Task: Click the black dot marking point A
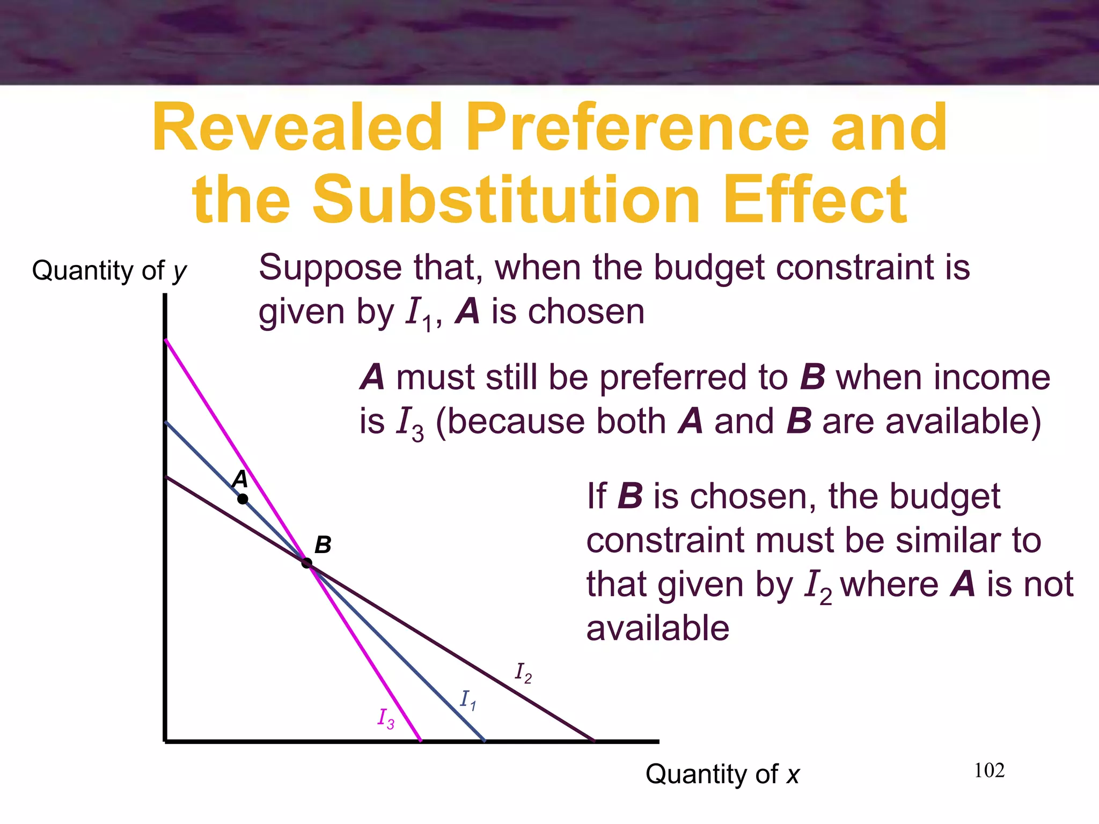click(243, 499)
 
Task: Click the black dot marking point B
click(306, 563)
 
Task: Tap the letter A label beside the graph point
click(240, 479)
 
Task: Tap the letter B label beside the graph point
click(323, 545)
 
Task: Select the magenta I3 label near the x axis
click(386, 718)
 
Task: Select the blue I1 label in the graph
click(468, 700)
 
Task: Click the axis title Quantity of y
click(109, 270)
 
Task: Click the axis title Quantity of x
click(722, 774)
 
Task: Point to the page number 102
click(989, 770)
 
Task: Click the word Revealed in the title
click(298, 129)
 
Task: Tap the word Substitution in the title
click(506, 200)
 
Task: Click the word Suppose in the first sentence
click(330, 268)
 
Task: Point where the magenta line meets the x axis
click(420, 741)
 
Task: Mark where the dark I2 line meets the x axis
click(594, 741)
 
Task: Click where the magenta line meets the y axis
click(165, 340)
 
